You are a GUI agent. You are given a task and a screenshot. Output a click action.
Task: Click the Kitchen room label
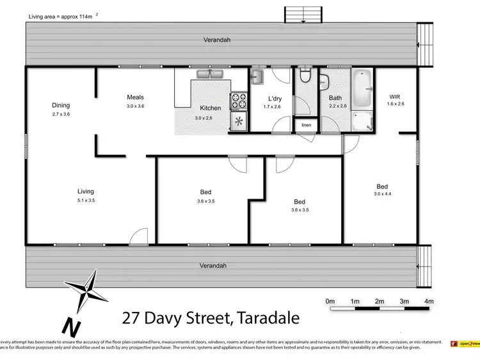click(210, 108)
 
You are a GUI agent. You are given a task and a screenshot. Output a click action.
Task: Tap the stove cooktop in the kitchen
click(239, 101)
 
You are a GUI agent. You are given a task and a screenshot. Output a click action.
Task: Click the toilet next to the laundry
click(305, 78)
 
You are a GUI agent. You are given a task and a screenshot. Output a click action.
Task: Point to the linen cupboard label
click(307, 125)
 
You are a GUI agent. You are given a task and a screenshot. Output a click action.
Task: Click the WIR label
click(394, 96)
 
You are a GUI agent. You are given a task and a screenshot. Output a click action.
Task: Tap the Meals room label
click(135, 97)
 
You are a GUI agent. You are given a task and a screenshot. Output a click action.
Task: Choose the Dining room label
click(61, 106)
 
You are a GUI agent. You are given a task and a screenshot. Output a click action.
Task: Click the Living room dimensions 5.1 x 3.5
click(85, 200)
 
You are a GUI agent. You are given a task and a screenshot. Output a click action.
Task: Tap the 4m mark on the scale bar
click(429, 301)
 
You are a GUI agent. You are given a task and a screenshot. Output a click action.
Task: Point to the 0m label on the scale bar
click(330, 301)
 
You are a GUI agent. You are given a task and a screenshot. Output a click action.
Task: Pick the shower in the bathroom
click(363, 119)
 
